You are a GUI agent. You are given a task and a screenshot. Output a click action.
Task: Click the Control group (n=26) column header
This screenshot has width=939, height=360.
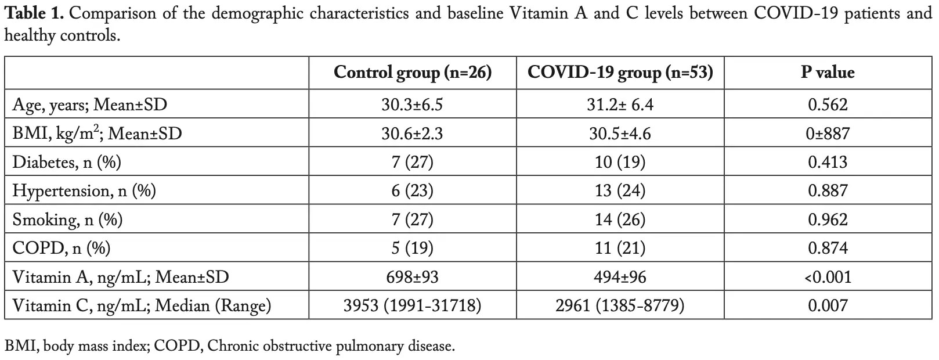413,73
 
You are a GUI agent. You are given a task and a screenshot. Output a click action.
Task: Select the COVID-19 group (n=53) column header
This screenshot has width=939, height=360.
620,73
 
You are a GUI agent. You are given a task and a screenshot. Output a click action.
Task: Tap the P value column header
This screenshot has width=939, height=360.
828,73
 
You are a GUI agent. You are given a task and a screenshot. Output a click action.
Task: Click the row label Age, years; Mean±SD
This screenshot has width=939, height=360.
90,105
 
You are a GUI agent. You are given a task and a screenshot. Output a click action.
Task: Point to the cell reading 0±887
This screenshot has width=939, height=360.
828,134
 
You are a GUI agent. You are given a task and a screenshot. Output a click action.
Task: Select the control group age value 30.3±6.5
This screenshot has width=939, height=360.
413,105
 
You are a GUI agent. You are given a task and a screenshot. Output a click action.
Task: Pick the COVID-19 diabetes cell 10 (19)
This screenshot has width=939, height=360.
620,162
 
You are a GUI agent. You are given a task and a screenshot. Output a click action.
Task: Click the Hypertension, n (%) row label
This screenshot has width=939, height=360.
84,191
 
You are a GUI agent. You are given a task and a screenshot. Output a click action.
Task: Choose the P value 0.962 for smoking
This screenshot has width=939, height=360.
828,219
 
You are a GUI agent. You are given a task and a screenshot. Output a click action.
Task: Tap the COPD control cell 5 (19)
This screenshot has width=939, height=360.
413,248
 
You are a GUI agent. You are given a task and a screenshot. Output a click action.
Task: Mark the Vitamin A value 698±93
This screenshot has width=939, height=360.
413,277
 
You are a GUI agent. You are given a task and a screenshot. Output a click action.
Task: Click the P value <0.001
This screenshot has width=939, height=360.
828,277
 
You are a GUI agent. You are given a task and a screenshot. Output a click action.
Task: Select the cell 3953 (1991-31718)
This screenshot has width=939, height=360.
413,305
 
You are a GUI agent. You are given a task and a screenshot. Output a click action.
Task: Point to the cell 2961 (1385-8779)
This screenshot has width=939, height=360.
620,305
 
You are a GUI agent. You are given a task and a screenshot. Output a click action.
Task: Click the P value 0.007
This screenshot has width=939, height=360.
828,305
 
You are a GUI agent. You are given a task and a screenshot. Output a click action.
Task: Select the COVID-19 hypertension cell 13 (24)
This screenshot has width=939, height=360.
620,191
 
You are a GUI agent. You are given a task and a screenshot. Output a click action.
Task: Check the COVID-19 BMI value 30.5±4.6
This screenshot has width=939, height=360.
620,134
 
